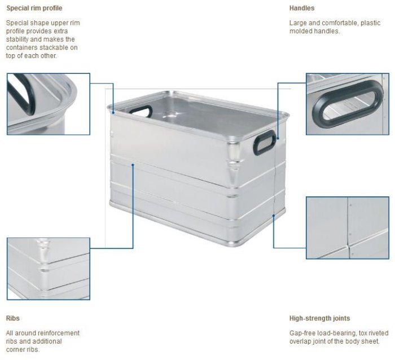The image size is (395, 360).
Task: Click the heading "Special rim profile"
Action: coord(34,8)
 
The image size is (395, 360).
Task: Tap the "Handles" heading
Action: coord(302,8)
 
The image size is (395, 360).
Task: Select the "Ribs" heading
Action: coord(12,318)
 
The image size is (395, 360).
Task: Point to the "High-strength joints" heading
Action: coord(320,318)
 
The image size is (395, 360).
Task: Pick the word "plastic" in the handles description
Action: coord(370,23)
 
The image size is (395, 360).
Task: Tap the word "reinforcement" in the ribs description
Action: coord(60,333)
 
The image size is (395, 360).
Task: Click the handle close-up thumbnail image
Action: coord(348,104)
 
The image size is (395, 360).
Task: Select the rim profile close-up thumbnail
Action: coord(49,104)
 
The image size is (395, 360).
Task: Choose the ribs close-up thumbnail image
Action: coord(49,269)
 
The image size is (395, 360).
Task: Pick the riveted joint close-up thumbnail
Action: coord(348,228)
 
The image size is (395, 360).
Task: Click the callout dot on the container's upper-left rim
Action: coord(113,113)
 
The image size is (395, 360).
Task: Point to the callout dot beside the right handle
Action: coord(278,138)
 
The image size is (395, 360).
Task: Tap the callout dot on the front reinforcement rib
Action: coord(133,165)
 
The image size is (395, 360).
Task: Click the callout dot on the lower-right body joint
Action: coord(274,216)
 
